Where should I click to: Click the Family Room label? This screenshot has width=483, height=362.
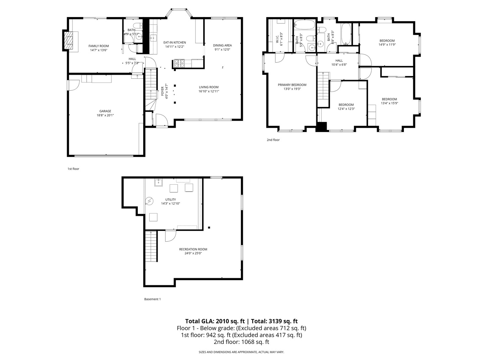pos(99,46)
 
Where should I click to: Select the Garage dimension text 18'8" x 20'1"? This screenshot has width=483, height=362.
pos(105,115)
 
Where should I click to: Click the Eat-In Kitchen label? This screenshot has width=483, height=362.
pos(174,43)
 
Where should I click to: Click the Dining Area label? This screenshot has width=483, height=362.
pos(222,45)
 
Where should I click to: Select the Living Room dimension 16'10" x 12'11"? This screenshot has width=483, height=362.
pos(209,91)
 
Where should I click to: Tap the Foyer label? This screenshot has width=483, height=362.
pos(163,92)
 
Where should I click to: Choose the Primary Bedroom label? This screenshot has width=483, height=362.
pos(292,85)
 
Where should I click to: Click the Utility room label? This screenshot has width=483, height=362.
pos(170,200)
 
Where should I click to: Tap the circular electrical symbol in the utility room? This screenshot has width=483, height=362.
pos(149,201)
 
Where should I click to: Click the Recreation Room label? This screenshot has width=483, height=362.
pos(193,249)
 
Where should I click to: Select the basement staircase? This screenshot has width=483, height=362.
pos(151,247)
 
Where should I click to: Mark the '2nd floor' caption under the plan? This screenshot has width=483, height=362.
pos(273,140)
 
